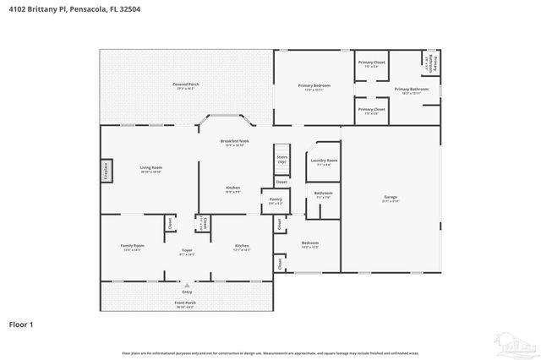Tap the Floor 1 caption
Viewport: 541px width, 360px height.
(x=20, y=324)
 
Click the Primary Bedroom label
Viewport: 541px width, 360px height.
(x=314, y=86)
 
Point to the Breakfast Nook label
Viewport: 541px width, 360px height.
(x=234, y=142)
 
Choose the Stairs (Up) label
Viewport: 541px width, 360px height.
(x=282, y=159)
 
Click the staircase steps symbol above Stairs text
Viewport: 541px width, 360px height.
(x=282, y=150)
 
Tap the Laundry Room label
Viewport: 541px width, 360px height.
(x=324, y=161)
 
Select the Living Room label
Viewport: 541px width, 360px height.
(x=151, y=169)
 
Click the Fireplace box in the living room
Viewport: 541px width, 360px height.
(x=107, y=170)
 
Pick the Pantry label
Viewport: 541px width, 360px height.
(x=276, y=201)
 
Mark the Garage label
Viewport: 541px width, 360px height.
(x=391, y=199)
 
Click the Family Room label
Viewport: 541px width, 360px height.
(x=133, y=247)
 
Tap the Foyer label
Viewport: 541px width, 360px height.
(x=187, y=251)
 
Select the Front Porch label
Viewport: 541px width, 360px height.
(x=185, y=304)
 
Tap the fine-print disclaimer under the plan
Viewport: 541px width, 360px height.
(x=270, y=352)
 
